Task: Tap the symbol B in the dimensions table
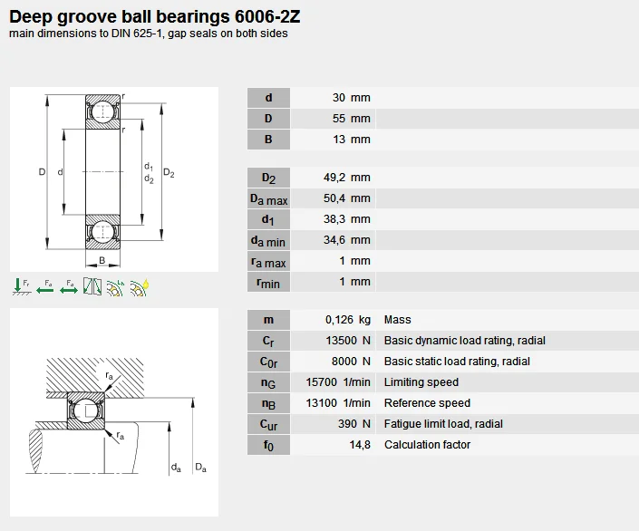tap(268, 140)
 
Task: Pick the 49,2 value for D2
tap(336, 178)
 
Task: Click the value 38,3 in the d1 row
tap(336, 219)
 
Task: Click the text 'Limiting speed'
tap(421, 382)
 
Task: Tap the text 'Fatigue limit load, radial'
tap(443, 424)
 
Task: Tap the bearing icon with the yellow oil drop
tap(140, 287)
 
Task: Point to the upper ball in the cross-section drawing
tap(104, 111)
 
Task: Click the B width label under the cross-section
tap(102, 261)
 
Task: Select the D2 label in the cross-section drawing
tap(169, 173)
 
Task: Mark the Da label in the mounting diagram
tap(200, 468)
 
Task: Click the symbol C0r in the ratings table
tap(268, 362)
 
